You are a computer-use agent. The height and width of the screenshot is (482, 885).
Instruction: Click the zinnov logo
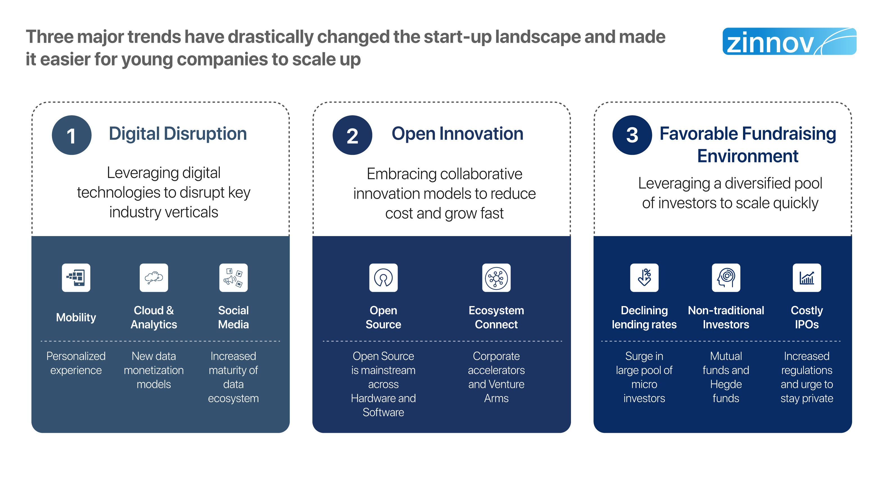789,41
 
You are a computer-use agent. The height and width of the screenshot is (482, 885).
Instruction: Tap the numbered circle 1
71,135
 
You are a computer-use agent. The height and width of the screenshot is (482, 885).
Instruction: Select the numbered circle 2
352,135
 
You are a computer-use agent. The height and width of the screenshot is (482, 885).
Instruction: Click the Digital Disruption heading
178,134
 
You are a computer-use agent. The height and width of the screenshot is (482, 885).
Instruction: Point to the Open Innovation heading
457,134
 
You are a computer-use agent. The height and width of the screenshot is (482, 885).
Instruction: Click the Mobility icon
76,278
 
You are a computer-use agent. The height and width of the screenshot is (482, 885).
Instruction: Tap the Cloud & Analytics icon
154,278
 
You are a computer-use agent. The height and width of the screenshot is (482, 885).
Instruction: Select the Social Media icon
233,278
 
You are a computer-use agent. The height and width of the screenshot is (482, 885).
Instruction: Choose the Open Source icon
383,278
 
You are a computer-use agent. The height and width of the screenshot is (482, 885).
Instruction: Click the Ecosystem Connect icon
496,278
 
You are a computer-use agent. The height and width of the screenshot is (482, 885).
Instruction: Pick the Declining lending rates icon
644,278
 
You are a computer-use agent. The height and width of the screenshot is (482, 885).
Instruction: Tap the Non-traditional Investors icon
726,278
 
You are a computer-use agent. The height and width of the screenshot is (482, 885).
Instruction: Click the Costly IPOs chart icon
807,278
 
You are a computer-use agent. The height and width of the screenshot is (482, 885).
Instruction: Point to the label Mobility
76,317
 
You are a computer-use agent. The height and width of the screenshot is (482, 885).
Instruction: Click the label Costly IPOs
807,317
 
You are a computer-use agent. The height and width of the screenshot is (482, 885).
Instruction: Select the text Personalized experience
76,363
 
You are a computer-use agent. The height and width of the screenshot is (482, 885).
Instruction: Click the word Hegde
726,384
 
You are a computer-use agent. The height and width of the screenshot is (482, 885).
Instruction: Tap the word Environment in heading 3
748,156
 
